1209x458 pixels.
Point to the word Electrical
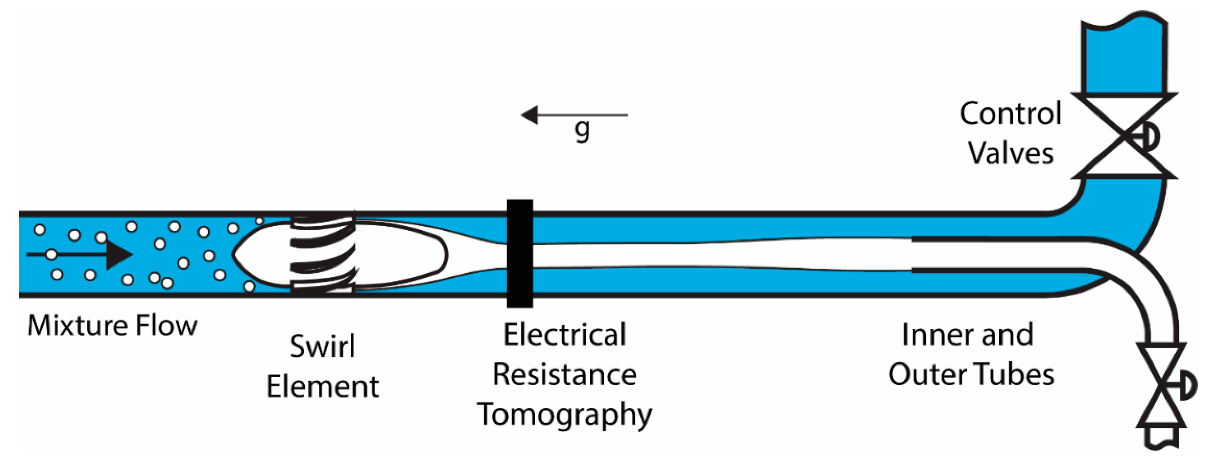[x=565, y=334]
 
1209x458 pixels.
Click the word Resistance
[x=565, y=375]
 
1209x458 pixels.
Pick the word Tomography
[x=565, y=414]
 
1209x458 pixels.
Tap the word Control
[x=1010, y=114]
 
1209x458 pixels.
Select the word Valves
[x=1010, y=153]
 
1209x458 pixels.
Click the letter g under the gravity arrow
[x=582, y=130]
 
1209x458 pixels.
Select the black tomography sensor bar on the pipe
[x=520, y=254]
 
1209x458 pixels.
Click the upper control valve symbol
[x=1124, y=136]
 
